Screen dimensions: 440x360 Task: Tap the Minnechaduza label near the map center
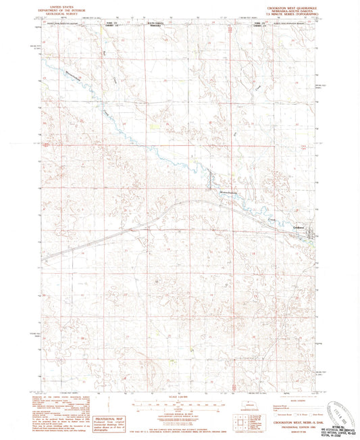coord(231,193)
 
